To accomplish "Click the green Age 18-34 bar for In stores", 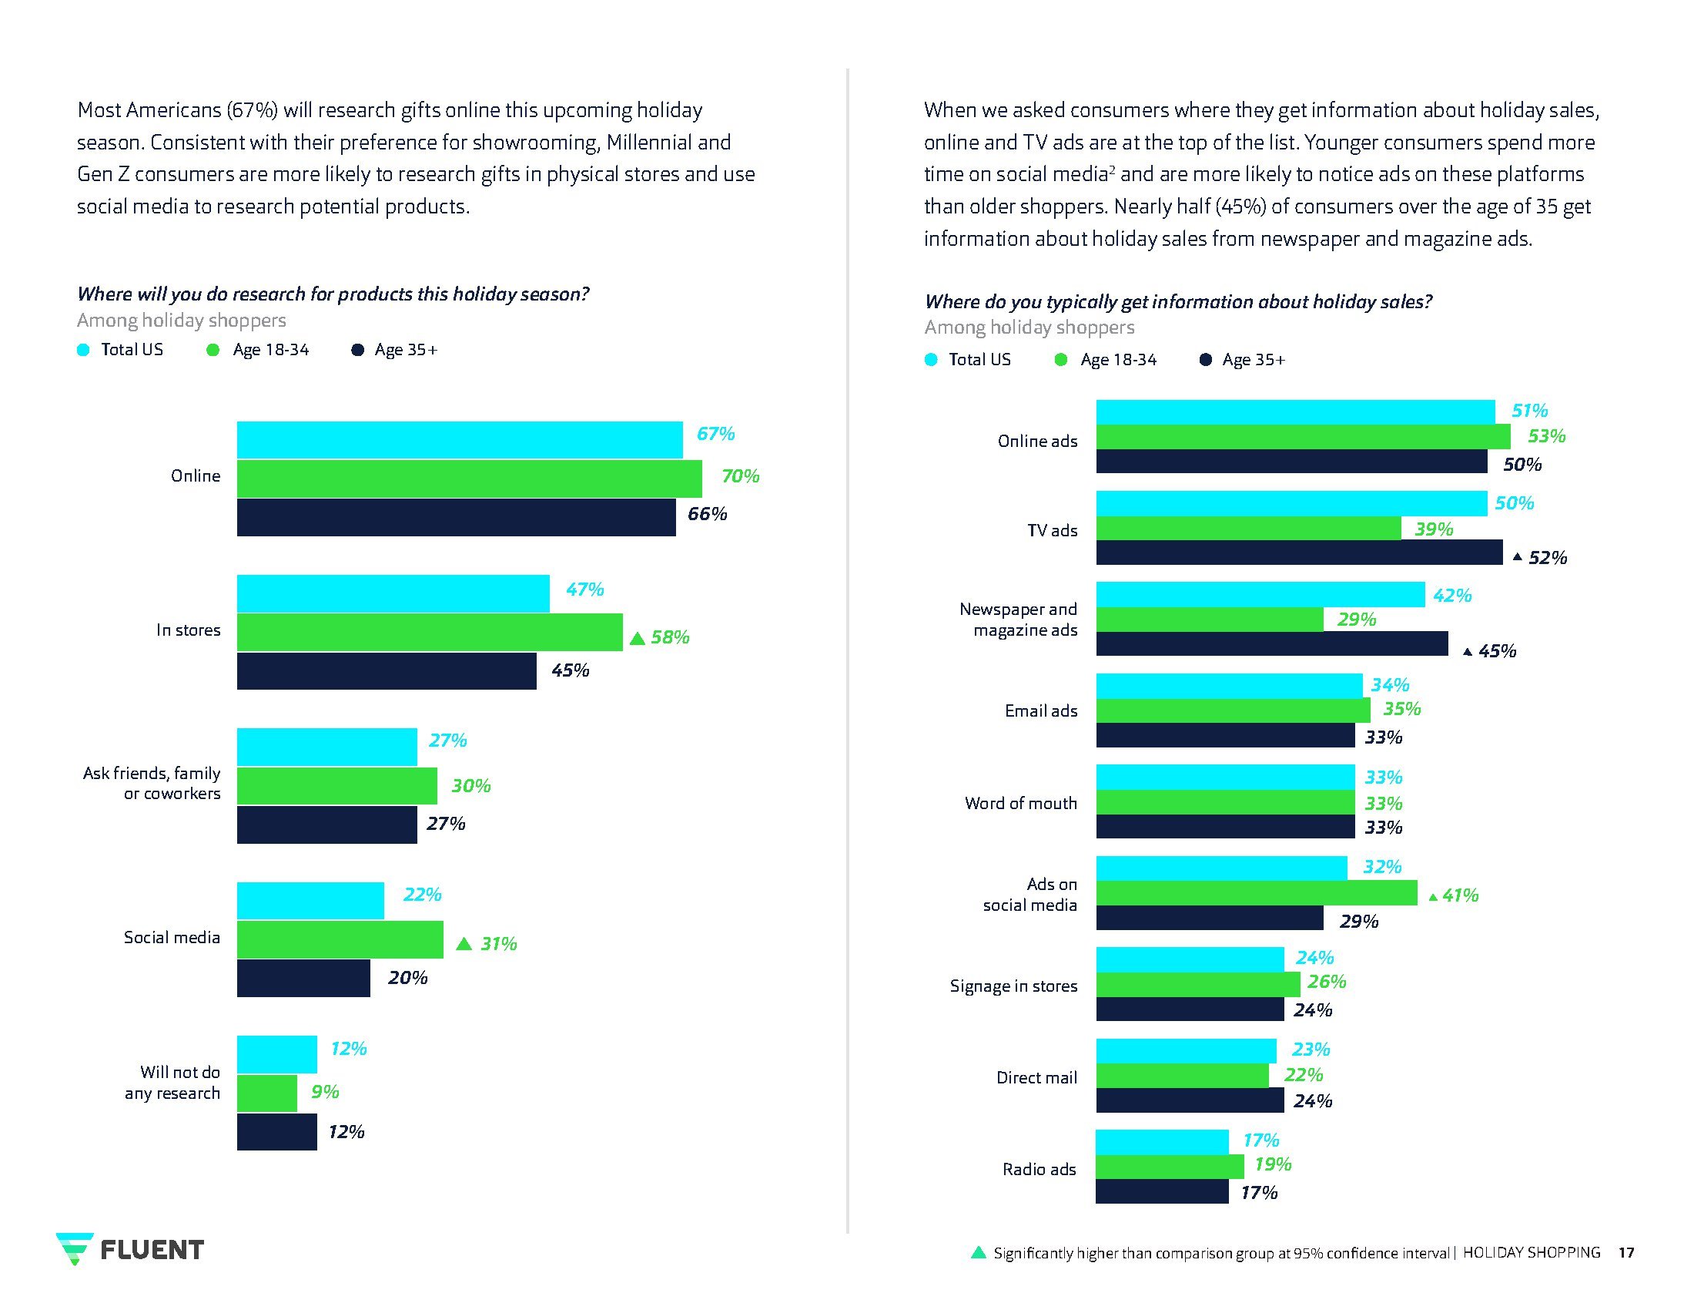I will click(429, 632).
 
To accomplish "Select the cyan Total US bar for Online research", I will click(459, 440).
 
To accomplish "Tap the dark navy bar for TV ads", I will click(1298, 553).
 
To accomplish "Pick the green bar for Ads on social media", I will click(1256, 892).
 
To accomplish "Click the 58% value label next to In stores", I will click(669, 637).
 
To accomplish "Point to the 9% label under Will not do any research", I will click(325, 1092).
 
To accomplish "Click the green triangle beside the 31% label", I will click(464, 944).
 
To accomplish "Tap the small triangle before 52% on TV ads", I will click(1517, 557).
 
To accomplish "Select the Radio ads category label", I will click(1039, 1169).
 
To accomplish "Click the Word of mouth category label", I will click(1020, 803).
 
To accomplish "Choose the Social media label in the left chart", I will click(172, 938).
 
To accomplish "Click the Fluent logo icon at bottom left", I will click(75, 1248).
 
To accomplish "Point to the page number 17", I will click(1625, 1252).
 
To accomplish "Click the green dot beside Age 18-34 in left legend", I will click(213, 350).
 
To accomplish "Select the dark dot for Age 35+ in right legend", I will click(1205, 360).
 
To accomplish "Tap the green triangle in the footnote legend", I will click(979, 1252).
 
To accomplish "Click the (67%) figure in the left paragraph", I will click(252, 110).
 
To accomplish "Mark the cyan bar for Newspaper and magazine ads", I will click(1260, 594).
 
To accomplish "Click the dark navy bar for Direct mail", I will click(1189, 1100).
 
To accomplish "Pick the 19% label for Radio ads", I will click(1273, 1164).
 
